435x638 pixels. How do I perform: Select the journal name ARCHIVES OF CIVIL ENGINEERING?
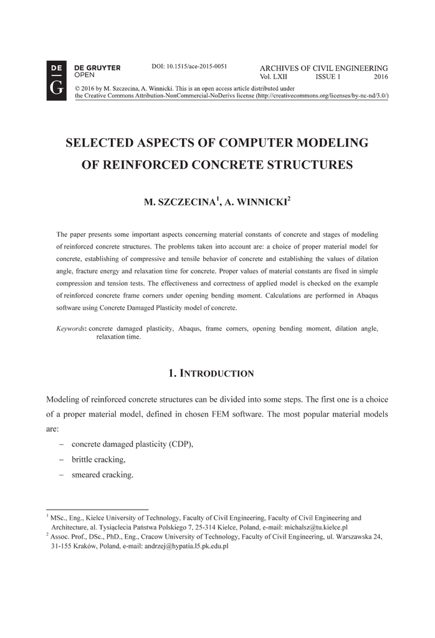point(323,68)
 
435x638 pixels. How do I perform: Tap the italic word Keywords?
point(70,328)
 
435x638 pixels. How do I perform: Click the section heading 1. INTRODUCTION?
point(211,374)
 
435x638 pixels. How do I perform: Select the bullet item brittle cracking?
point(98,459)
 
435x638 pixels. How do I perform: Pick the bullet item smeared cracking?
point(102,475)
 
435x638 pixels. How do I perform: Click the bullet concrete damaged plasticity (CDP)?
point(132,444)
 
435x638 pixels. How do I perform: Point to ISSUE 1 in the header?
point(328,77)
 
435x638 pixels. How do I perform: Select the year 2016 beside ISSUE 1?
point(381,77)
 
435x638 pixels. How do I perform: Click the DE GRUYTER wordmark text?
point(97,67)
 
